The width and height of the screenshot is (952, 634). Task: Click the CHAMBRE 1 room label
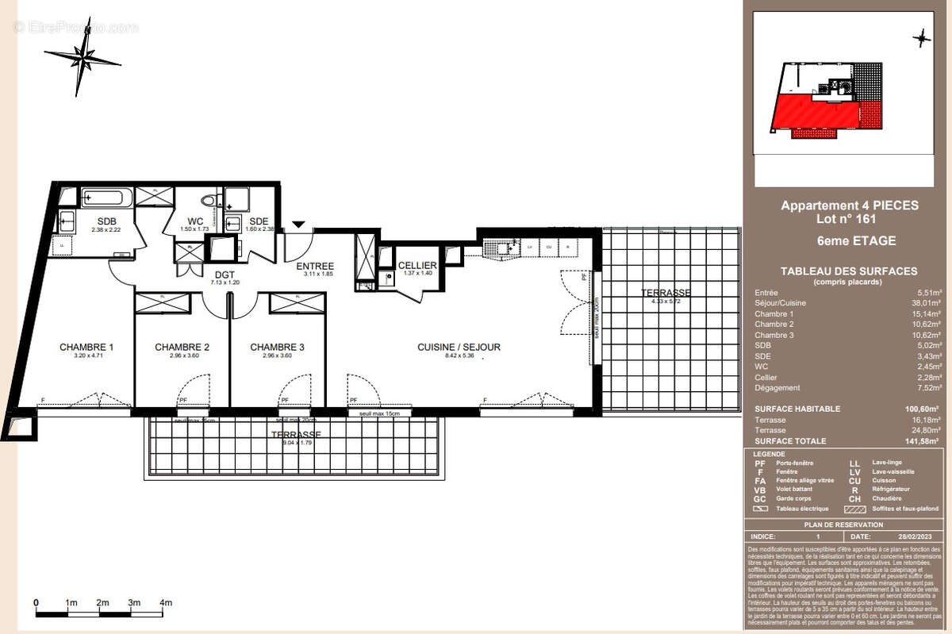(x=86, y=347)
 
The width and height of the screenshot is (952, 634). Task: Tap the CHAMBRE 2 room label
(x=182, y=347)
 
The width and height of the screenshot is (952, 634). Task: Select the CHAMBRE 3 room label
(x=277, y=347)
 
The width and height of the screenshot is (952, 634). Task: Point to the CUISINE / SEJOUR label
(x=459, y=347)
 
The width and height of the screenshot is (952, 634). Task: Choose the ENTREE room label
(x=315, y=266)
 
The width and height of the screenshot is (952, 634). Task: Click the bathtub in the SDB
(x=108, y=196)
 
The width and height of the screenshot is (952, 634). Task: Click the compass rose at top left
(x=81, y=57)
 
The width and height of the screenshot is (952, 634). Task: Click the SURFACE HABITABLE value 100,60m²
(x=922, y=409)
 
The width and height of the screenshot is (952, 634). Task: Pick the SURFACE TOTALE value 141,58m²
(x=922, y=441)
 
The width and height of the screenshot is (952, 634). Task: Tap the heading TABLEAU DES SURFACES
(x=849, y=271)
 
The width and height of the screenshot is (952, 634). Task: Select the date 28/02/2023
(x=916, y=537)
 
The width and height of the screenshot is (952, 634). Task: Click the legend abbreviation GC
(x=760, y=499)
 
